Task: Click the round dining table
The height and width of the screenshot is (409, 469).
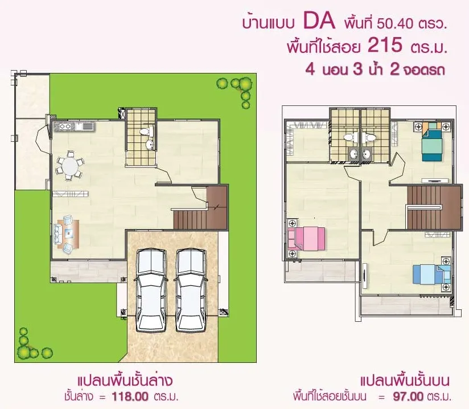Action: [70, 166]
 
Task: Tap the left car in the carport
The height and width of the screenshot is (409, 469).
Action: [151, 290]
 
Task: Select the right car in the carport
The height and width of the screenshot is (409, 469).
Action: [191, 290]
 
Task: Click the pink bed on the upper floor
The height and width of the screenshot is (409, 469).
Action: [307, 239]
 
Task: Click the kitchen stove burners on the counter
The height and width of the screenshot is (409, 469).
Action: [65, 126]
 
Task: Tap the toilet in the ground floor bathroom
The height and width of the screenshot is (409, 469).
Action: [147, 132]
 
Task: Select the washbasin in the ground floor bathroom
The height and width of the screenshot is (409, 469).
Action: [149, 145]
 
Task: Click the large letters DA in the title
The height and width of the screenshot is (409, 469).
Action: [319, 21]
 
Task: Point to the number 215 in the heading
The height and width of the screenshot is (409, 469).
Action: [385, 45]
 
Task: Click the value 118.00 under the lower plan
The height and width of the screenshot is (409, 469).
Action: [130, 396]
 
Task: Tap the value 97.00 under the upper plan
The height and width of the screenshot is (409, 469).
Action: [408, 396]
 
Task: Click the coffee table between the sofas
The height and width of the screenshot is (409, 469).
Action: [69, 232]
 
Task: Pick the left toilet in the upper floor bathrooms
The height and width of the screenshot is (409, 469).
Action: [349, 137]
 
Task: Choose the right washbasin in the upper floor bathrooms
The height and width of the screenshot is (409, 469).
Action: [367, 154]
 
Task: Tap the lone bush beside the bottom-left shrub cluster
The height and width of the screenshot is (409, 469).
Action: [47, 353]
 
